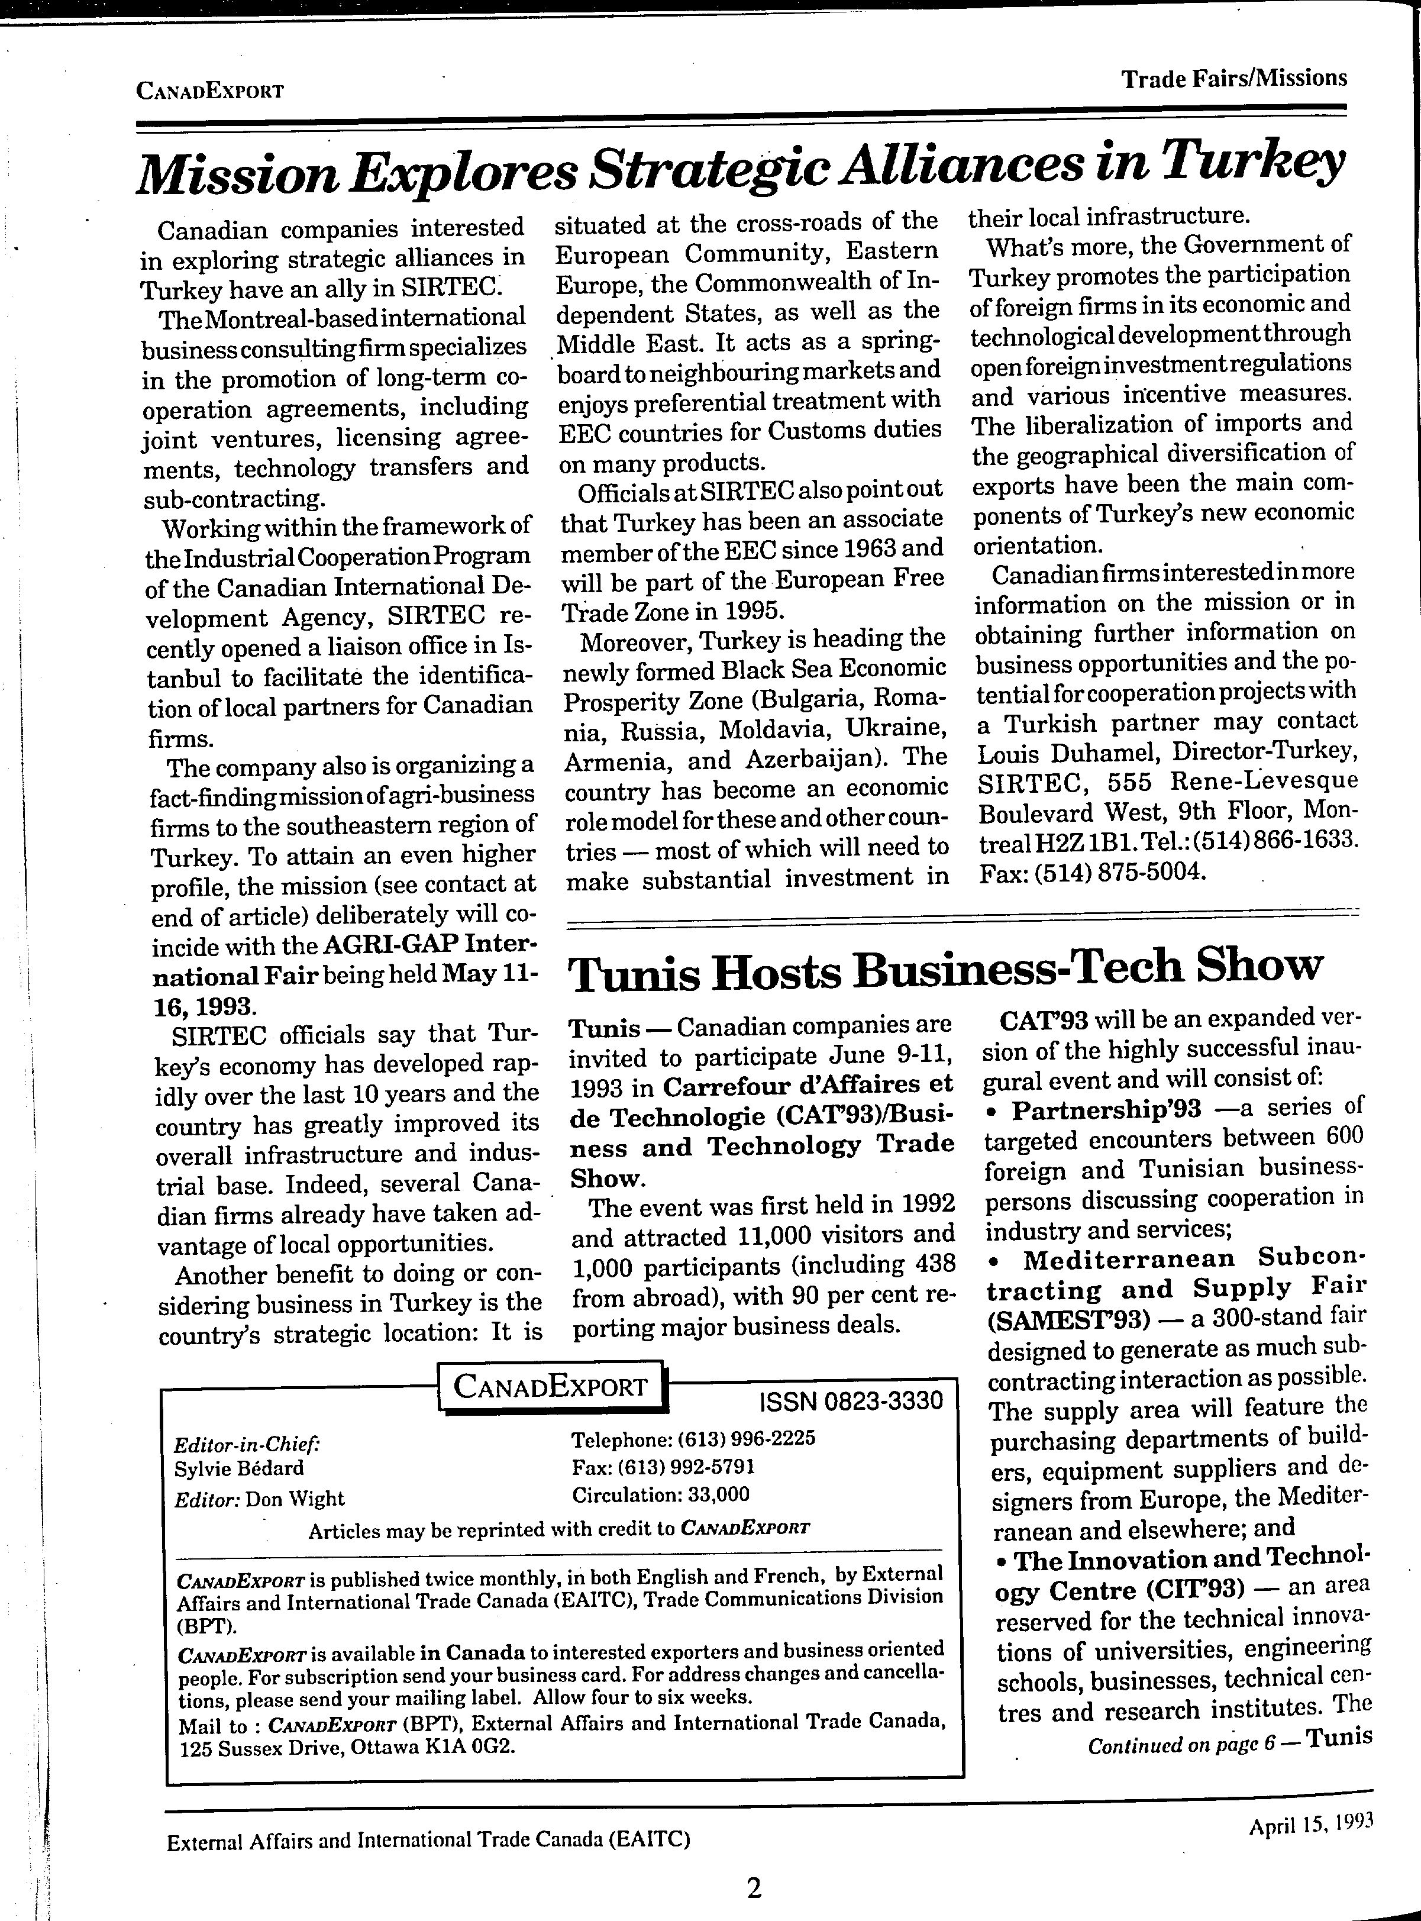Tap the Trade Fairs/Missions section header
point(1233,79)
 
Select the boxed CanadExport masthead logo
point(551,1386)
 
